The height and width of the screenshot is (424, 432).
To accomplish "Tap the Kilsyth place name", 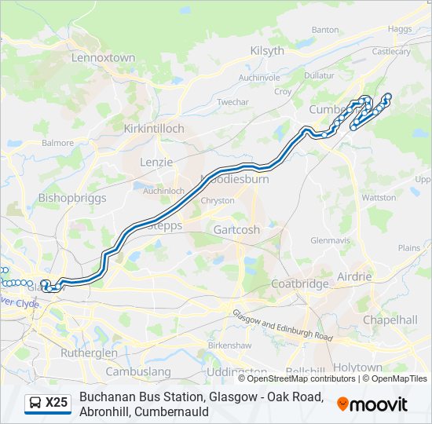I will (266, 50).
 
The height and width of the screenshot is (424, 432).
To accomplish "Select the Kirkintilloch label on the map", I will (154, 128).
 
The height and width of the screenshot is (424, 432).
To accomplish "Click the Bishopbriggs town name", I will (71, 198).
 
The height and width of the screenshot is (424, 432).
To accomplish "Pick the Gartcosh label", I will (236, 230).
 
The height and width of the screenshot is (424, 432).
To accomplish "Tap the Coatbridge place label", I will (299, 283).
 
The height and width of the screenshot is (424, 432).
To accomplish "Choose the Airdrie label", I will (353, 276).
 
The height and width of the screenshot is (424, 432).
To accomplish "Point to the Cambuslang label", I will (137, 371).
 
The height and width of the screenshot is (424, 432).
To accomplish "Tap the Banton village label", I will (324, 29).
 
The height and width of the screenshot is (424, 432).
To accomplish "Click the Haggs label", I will (399, 29).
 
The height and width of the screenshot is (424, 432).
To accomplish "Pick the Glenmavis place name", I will (328, 239).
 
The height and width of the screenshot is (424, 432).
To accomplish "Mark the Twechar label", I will (232, 102).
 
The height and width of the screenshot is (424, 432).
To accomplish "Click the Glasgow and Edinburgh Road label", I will (282, 324).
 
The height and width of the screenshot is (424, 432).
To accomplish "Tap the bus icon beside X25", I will (35, 404).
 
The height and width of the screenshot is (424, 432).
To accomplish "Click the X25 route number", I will (57, 404).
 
